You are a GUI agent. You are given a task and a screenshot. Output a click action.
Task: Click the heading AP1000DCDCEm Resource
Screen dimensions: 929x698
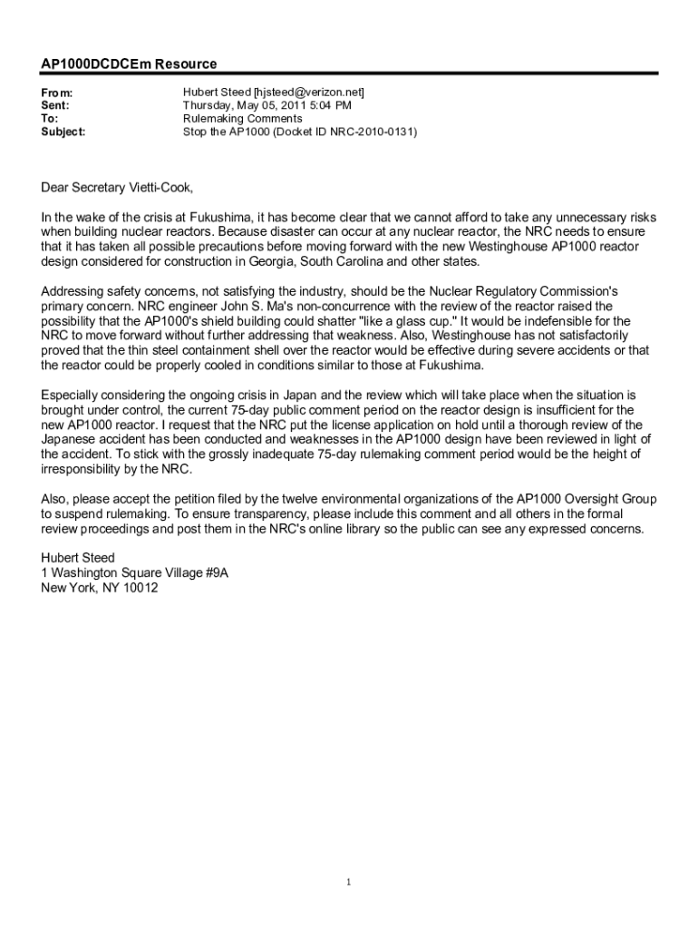click(129, 64)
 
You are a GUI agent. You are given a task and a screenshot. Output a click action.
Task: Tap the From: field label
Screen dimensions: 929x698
click(57, 93)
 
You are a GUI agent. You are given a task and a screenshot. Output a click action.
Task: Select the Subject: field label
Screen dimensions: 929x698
click(63, 132)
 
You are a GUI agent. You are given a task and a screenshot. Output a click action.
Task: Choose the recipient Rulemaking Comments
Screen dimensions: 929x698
click(243, 119)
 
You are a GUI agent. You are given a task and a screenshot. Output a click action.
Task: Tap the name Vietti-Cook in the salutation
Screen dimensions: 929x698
click(162, 188)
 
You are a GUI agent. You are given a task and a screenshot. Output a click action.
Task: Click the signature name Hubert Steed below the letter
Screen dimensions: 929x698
click(78, 558)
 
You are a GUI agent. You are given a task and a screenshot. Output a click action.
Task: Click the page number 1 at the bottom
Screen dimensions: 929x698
click(348, 882)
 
